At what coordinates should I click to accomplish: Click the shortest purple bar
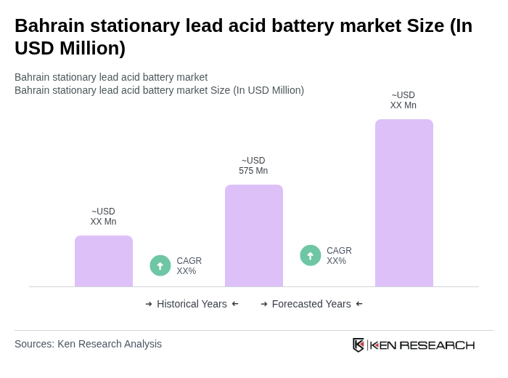tap(104, 261)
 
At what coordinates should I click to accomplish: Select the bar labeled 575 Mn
tap(254, 236)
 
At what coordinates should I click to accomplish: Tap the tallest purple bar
tap(404, 203)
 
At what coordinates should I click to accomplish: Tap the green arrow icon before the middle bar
tap(160, 265)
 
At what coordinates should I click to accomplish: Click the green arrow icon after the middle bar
tap(311, 255)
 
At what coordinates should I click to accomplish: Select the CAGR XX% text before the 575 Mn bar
tap(189, 266)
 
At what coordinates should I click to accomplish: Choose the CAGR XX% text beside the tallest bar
tap(339, 256)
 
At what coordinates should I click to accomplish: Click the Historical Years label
tap(192, 304)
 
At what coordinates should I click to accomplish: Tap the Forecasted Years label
tap(311, 304)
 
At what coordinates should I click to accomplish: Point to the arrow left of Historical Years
tap(149, 304)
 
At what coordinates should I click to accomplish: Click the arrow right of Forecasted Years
tap(359, 304)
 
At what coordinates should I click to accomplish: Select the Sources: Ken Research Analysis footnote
tap(88, 344)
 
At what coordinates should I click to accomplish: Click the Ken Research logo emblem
tap(359, 345)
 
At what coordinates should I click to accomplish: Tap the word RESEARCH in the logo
tap(437, 345)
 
